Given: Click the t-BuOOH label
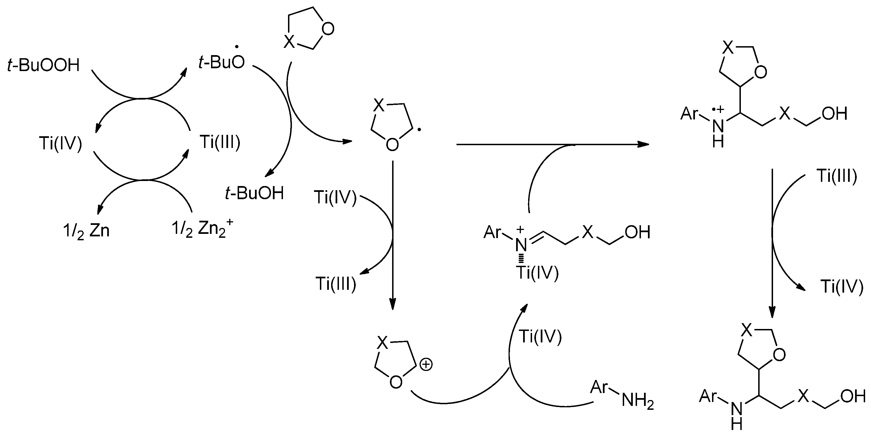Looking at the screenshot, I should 43,65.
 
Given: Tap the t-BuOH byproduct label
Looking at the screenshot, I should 254,193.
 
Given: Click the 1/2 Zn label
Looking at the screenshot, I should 86,232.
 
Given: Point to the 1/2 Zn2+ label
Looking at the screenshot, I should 202,229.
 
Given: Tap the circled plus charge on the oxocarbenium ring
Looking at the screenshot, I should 426,365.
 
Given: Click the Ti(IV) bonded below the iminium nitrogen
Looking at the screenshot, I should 537,273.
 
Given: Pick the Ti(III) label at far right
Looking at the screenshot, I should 837,176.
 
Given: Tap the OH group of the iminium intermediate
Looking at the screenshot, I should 638,232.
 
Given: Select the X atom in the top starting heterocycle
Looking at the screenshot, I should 289,42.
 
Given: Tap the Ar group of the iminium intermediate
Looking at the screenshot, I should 493,232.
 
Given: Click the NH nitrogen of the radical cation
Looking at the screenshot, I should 718,126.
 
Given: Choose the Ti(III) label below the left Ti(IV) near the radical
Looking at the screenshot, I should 336,284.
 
